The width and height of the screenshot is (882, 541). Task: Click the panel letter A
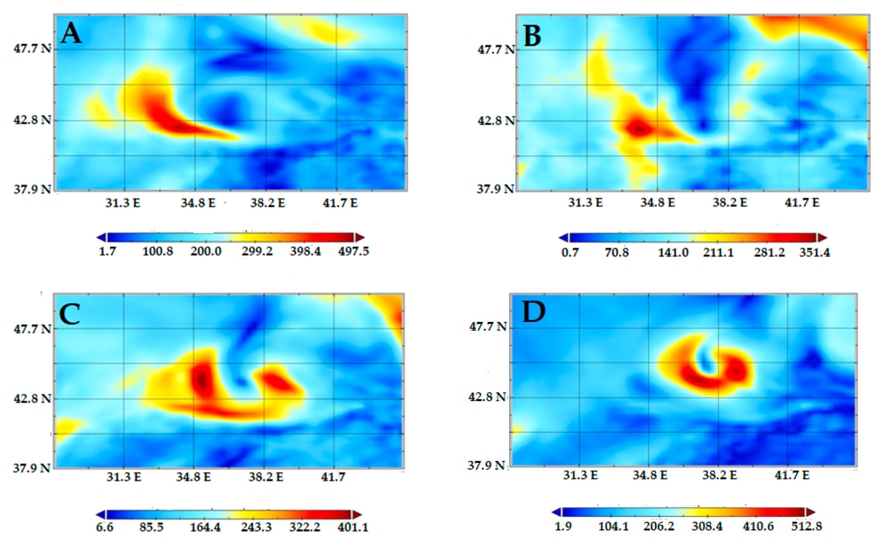pos(71,33)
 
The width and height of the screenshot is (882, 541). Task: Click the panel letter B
pos(532,36)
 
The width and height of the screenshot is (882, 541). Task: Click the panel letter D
pos(534,312)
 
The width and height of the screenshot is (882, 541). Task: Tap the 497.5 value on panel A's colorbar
pos(353,251)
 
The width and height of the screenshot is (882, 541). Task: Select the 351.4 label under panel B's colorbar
pos(814,253)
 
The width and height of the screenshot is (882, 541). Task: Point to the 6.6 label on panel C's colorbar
pos(104,527)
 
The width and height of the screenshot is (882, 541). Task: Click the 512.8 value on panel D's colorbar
pos(806,526)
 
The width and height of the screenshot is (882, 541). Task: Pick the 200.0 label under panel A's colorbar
pos(206,251)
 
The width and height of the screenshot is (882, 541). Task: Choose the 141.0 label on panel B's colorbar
pos(673,253)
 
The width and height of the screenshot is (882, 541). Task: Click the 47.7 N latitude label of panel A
pos(32,48)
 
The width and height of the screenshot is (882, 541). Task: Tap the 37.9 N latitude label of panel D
pos(487,465)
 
